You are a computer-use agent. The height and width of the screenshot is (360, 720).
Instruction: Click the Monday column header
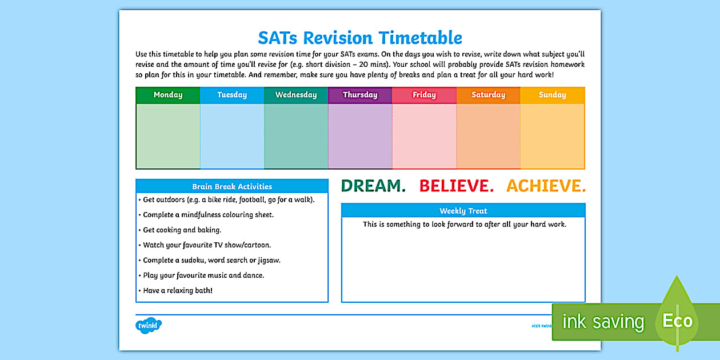168,95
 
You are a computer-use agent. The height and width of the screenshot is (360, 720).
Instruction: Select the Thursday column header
360,95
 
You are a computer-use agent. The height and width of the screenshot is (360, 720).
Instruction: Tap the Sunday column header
552,95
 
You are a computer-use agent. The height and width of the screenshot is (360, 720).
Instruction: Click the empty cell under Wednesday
296,136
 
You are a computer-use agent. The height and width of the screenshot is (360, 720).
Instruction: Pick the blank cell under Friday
424,136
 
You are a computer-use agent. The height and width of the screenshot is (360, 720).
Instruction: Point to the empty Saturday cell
488,136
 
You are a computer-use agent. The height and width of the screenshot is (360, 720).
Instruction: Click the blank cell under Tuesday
232,136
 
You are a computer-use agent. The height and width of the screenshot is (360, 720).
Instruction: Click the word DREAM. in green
373,186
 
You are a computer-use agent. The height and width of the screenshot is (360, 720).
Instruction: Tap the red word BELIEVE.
457,186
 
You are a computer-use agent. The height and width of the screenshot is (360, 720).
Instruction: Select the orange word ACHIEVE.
546,186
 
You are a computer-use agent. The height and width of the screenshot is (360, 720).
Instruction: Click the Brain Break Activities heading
232,186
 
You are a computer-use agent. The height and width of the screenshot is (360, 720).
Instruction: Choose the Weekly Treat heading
463,211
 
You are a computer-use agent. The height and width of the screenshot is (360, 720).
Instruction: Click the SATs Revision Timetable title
360,38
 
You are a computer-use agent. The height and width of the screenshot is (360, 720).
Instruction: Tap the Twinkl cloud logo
149,326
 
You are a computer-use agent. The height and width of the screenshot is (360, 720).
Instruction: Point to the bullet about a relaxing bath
178,290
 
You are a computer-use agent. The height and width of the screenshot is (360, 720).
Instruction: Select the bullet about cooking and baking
182,230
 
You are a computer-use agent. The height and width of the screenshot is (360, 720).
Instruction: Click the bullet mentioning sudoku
211,260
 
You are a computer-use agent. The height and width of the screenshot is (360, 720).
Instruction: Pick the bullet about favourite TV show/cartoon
207,245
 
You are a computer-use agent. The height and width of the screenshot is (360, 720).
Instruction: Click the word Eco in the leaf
677,321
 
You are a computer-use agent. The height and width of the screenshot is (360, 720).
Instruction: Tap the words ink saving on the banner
603,322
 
